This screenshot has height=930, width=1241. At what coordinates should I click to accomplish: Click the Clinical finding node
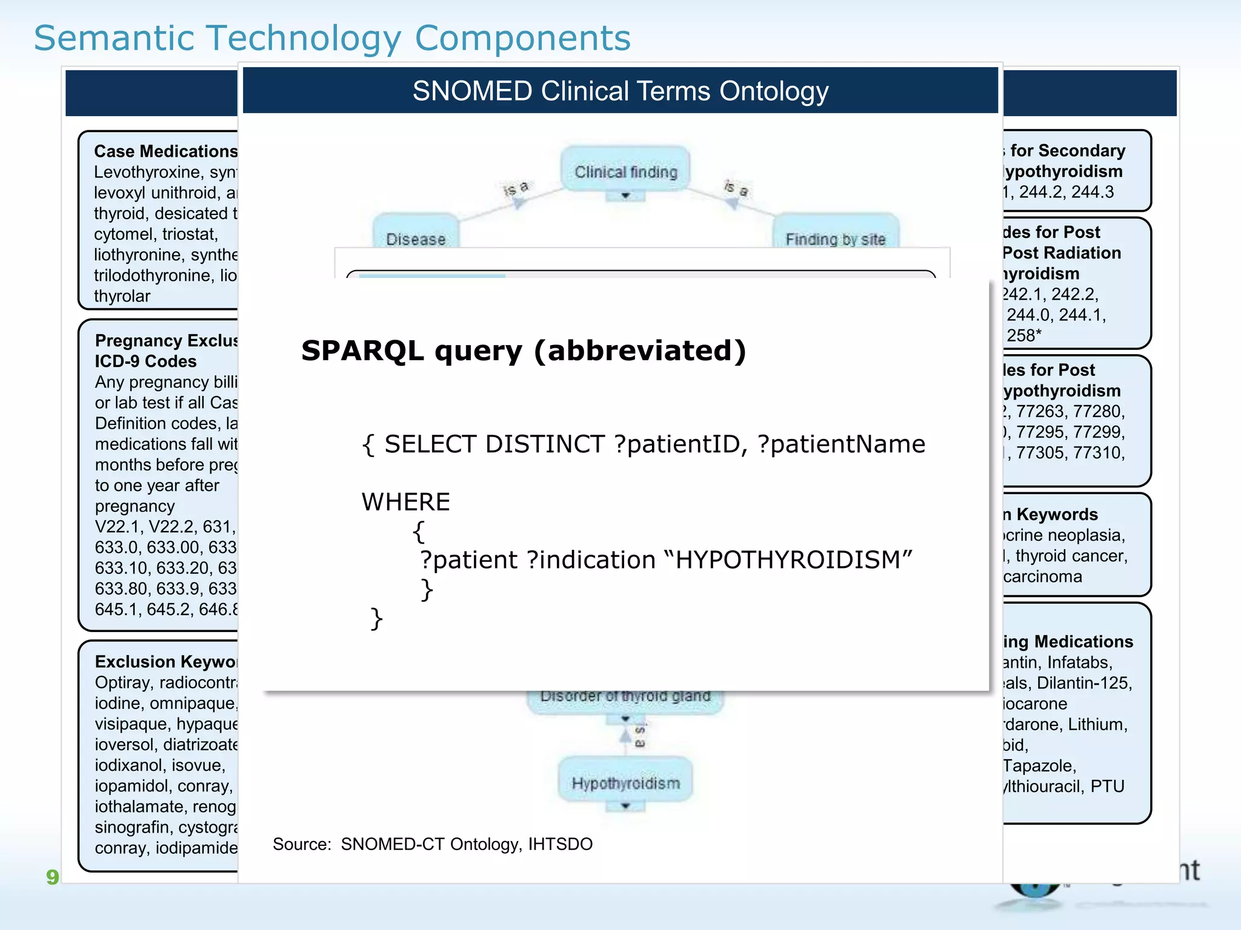click(x=625, y=172)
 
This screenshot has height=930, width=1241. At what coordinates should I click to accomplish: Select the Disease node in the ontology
click(x=416, y=236)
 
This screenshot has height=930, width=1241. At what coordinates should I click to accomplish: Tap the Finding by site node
click(x=835, y=237)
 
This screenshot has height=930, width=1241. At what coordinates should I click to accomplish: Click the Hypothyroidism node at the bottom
click(x=625, y=783)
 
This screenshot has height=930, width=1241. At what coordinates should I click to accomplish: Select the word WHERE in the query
click(x=405, y=502)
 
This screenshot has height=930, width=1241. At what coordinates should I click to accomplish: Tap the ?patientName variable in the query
click(x=842, y=444)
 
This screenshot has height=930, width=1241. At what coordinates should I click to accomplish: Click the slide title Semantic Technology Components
click(x=332, y=38)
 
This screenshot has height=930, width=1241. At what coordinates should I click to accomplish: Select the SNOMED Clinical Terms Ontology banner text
click(x=620, y=91)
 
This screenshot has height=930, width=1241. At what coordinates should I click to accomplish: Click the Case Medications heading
click(x=165, y=151)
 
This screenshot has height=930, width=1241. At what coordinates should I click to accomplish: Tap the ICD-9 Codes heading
click(x=145, y=361)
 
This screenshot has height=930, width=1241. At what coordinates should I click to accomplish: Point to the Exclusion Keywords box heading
click(x=165, y=662)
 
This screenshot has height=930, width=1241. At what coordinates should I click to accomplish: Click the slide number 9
click(x=52, y=877)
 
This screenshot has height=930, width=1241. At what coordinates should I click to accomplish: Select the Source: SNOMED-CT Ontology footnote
click(x=432, y=844)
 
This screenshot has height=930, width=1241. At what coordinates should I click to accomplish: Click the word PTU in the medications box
click(x=1107, y=787)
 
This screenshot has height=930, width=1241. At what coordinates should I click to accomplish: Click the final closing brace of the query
click(x=376, y=618)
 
